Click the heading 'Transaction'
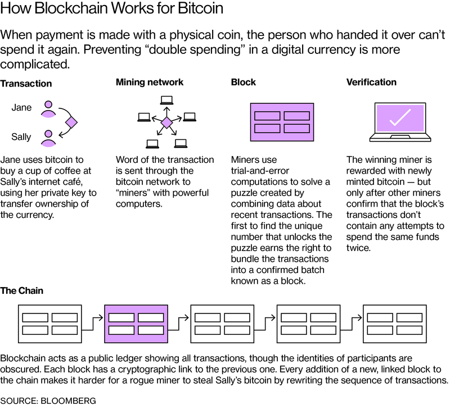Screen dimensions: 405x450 pyautogui.click(x=26, y=84)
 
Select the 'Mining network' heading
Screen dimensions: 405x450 pyautogui.click(x=150, y=82)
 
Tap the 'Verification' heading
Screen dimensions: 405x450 pyautogui.click(x=371, y=82)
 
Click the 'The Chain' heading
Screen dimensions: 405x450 pyautogui.click(x=22, y=291)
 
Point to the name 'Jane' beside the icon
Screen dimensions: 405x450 pyautogui.click(x=22, y=108)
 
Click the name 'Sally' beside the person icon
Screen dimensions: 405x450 pyautogui.click(x=22, y=136)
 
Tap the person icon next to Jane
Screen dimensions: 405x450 pyautogui.click(x=49, y=108)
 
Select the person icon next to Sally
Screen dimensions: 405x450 pyautogui.click(x=49, y=136)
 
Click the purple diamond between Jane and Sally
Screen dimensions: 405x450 pyautogui.click(x=71, y=122)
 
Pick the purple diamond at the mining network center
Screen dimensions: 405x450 pyautogui.click(x=166, y=122)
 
